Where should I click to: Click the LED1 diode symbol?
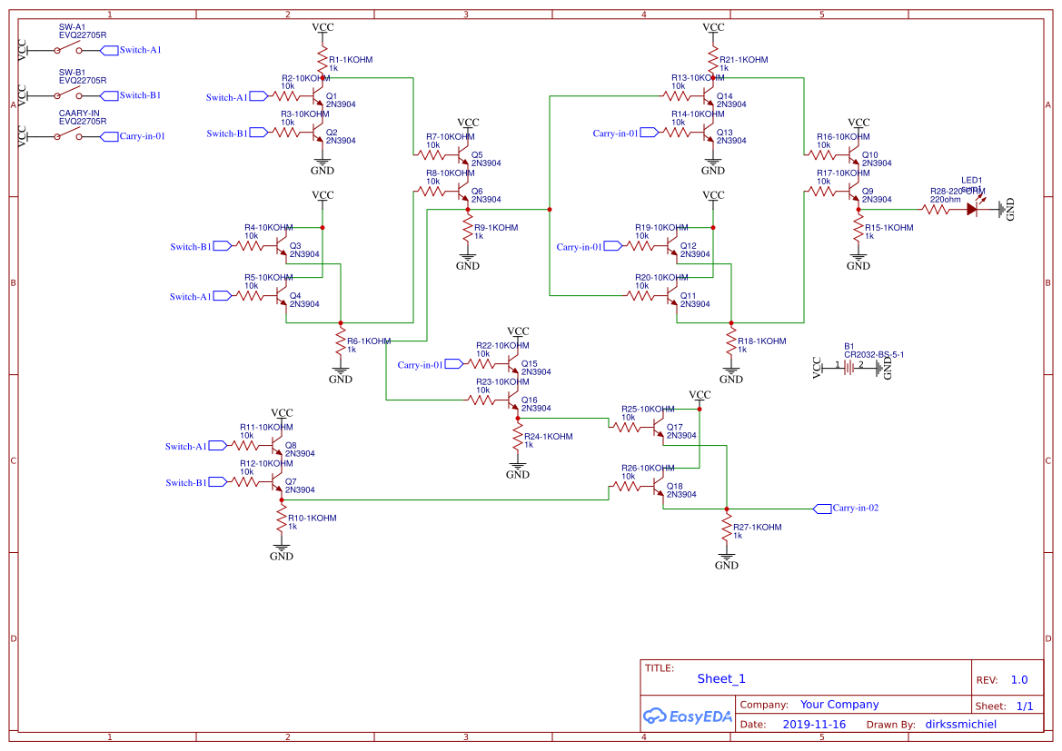972,209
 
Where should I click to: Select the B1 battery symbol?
850,367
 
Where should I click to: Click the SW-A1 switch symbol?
66,49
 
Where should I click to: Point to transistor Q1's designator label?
331,95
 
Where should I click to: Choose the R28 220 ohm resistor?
936,209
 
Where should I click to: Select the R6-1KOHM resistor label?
369,341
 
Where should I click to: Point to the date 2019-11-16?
813,725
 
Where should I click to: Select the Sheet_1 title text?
720,678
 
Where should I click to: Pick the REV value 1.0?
1018,679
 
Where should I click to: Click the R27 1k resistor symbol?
727,528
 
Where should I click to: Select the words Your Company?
839,705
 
